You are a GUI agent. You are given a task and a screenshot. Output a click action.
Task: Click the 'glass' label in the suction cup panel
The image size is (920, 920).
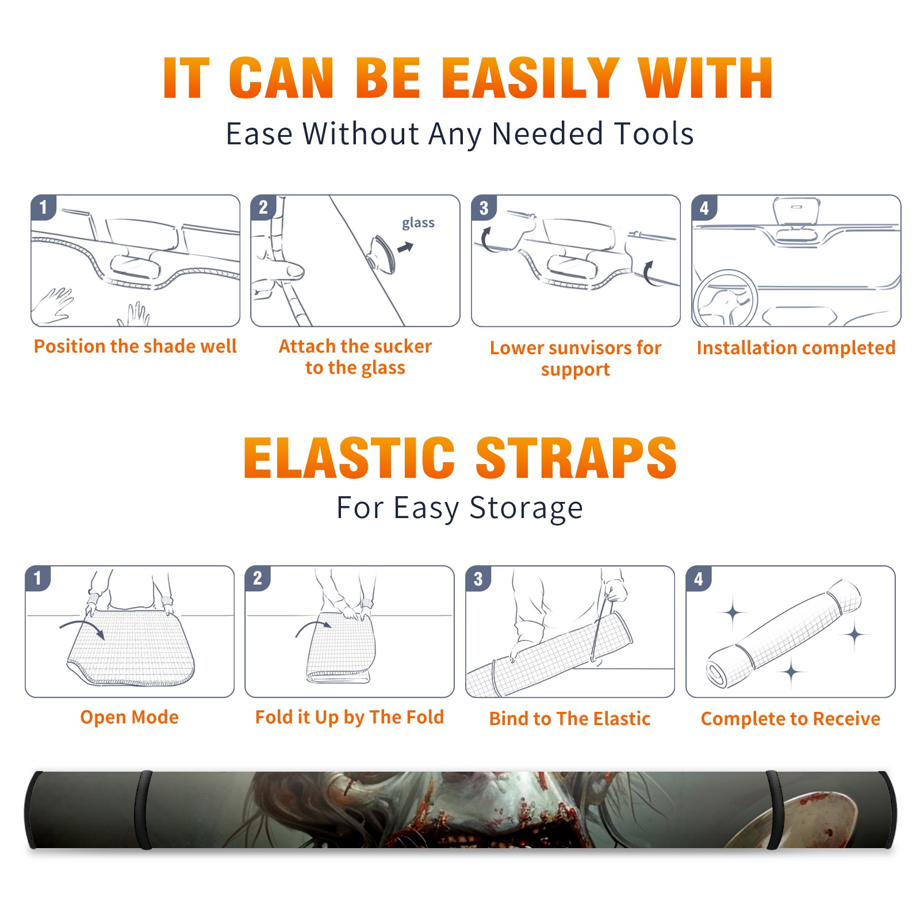(x=418, y=223)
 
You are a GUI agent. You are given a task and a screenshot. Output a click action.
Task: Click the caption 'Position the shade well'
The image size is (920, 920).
(x=135, y=346)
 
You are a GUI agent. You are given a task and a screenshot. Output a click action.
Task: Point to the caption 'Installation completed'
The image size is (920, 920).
(x=796, y=347)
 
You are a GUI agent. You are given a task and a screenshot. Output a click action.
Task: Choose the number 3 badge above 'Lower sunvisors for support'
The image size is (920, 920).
(x=484, y=208)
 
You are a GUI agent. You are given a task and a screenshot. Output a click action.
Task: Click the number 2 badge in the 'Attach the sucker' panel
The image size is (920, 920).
(x=263, y=207)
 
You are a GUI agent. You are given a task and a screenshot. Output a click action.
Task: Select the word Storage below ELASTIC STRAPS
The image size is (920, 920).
(x=526, y=508)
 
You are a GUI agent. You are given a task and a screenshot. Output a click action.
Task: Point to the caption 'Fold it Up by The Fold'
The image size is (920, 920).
(x=350, y=717)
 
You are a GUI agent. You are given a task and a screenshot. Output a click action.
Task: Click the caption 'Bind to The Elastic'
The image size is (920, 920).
(x=570, y=719)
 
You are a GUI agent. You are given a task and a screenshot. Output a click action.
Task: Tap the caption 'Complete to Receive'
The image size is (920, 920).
(x=791, y=719)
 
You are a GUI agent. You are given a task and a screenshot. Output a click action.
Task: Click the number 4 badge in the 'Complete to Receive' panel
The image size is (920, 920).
(x=699, y=578)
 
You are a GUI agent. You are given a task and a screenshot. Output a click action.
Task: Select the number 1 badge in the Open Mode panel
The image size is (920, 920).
(x=38, y=578)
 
